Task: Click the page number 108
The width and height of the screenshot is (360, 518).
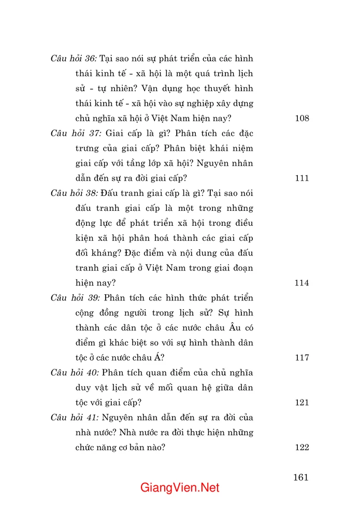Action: [x=301, y=118]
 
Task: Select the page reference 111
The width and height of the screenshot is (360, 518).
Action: [x=301, y=178]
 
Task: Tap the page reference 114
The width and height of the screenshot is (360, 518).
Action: [x=301, y=283]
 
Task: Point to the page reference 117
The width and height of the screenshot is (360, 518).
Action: [x=301, y=357]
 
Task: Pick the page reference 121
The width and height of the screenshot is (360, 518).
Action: [x=301, y=402]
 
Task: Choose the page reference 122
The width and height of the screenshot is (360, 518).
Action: [x=301, y=448]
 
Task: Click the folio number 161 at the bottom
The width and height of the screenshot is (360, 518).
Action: [x=300, y=477]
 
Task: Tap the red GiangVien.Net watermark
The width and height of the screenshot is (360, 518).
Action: [x=180, y=488]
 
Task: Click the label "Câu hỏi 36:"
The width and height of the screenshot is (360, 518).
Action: [x=74, y=59]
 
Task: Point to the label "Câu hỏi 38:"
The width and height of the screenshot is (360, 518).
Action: [x=74, y=193]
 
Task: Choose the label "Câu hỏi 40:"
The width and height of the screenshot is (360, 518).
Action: [x=74, y=372]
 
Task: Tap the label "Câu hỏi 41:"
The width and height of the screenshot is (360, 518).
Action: [x=74, y=418]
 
